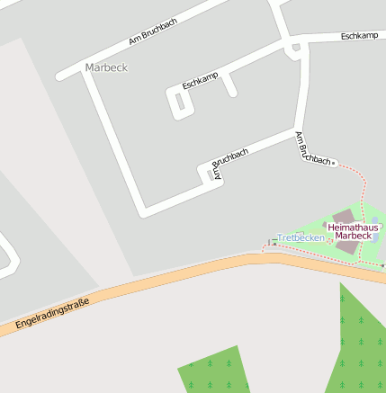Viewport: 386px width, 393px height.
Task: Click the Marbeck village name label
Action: coord(106,67)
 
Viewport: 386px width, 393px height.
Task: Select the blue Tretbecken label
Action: coord(301,237)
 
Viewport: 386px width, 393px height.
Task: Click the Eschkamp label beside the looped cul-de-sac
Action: coord(200,81)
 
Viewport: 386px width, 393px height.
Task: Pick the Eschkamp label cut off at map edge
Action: coord(359,36)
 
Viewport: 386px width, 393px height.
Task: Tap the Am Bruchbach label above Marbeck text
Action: coord(153,31)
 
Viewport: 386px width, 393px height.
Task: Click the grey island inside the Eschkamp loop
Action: coord(180,103)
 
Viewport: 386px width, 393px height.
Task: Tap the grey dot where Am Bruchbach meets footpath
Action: coord(334,163)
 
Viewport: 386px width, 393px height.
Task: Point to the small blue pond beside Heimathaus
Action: coord(374,219)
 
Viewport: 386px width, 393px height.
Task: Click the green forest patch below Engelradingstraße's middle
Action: coord(214,371)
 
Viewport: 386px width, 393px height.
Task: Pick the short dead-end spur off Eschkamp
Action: coord(230,85)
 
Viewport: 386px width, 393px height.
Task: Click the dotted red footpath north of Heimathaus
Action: coord(364,193)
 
